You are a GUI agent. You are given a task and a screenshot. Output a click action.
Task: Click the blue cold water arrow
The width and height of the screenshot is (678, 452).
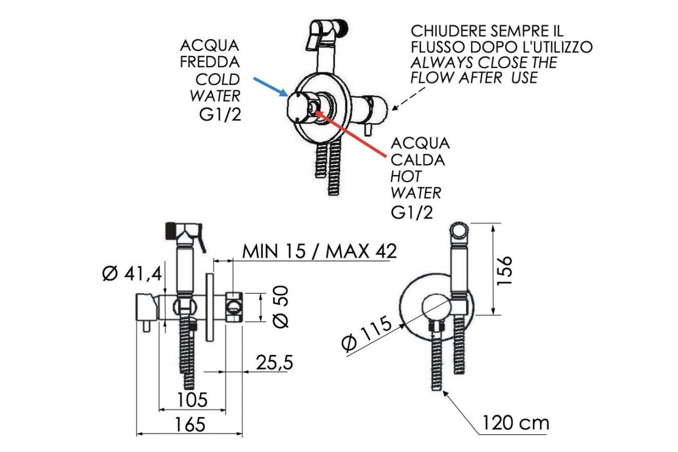coord(270,86)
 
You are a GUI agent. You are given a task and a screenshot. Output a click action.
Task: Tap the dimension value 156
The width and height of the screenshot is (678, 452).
coord(506,270)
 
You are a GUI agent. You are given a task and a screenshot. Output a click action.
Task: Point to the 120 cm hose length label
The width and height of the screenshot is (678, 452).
coord(515,422)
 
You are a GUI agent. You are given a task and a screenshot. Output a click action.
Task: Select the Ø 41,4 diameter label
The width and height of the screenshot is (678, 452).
coord(132,274)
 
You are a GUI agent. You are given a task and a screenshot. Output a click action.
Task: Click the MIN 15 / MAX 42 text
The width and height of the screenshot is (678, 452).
coord(319,250)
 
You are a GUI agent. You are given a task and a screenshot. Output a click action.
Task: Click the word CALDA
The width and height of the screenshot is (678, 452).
coord(418,160)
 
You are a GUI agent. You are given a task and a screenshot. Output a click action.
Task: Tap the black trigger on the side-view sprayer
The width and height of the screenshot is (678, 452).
coord(169,229)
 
